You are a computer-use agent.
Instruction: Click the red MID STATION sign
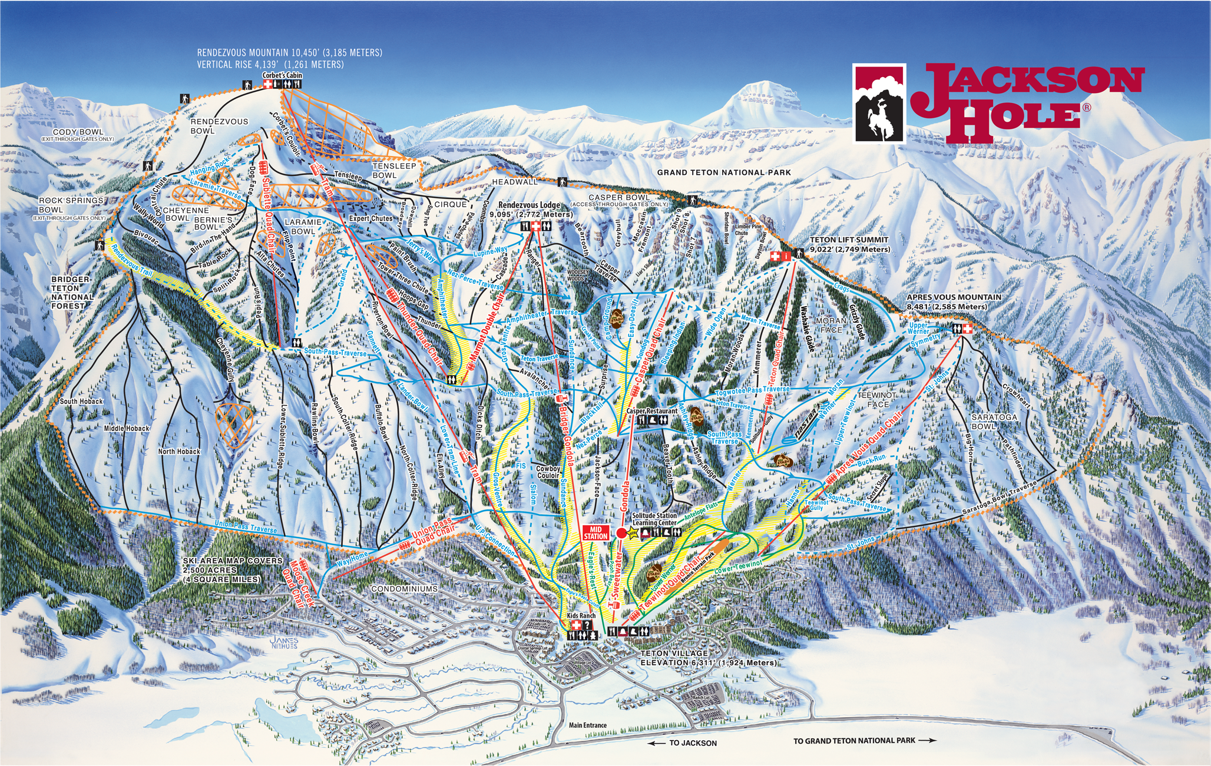[x=595, y=532]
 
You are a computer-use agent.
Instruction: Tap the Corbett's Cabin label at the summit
[x=282, y=75]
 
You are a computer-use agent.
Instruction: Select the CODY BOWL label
[x=78, y=132]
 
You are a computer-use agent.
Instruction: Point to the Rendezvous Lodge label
[x=529, y=205]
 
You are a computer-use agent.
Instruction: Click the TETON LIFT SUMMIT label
[x=849, y=240]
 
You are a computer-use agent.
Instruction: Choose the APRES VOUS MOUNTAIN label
[x=954, y=297]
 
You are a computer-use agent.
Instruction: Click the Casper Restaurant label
[x=652, y=411]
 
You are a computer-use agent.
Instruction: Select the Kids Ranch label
[x=581, y=616]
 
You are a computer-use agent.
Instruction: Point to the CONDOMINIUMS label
[x=405, y=589]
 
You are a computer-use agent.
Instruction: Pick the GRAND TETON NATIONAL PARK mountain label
[x=724, y=173]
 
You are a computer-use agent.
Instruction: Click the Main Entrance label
[x=587, y=725]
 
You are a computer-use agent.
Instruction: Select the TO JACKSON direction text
[x=693, y=743]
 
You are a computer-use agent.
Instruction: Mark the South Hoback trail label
[x=81, y=402]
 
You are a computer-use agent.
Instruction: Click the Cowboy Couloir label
[x=548, y=472]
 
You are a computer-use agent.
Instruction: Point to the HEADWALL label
[x=515, y=182]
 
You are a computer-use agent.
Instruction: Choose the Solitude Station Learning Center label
[x=654, y=519]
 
